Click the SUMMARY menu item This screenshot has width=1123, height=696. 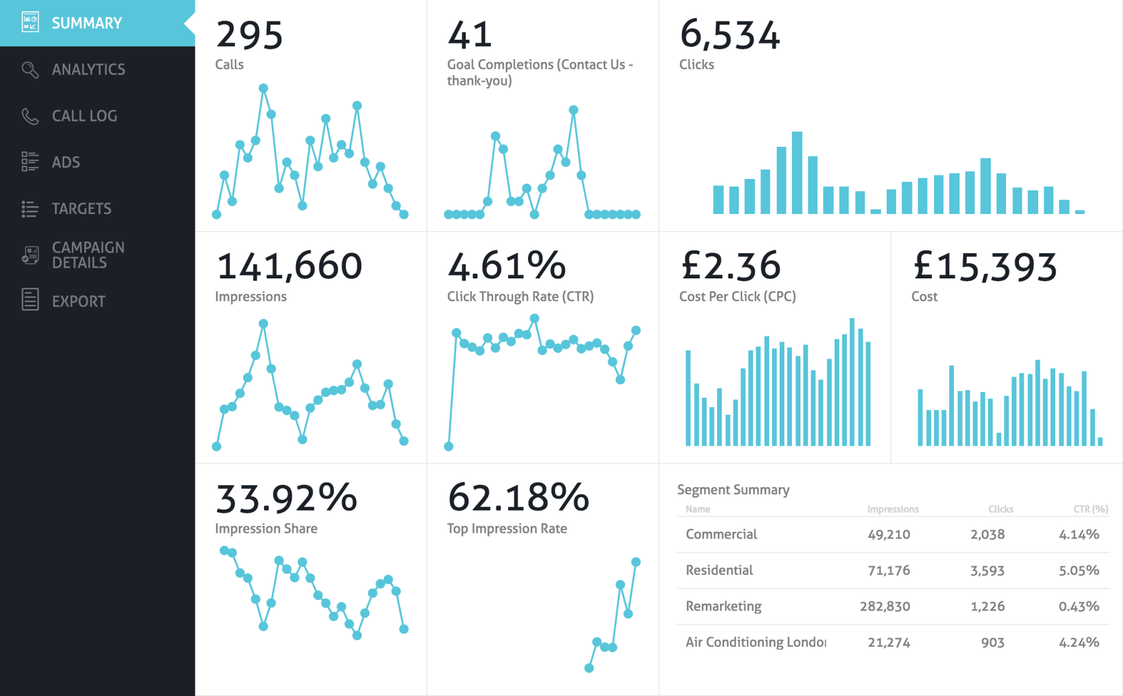(87, 23)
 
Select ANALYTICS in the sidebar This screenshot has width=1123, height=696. (88, 70)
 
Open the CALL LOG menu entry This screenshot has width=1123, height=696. (84, 116)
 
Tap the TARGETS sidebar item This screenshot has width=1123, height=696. (81, 209)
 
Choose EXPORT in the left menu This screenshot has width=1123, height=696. (78, 301)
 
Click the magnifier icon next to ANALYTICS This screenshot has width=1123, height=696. (30, 70)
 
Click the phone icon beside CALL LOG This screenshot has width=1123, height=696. (30, 116)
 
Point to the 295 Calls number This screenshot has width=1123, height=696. (250, 35)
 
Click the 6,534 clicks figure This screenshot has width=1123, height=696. (730, 35)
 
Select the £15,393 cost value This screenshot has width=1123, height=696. (985, 266)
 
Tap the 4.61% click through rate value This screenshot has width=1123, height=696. (507, 266)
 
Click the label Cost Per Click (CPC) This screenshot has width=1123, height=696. (738, 297)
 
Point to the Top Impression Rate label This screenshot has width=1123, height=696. (507, 529)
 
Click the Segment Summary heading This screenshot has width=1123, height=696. (733, 490)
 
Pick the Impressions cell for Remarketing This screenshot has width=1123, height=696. (885, 607)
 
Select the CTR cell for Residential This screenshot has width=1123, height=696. (1079, 570)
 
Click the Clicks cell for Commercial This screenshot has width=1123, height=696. (988, 534)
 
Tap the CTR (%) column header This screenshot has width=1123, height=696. (1091, 509)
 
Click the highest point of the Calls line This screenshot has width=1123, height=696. (263, 88)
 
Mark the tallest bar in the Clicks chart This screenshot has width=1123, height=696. (797, 173)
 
